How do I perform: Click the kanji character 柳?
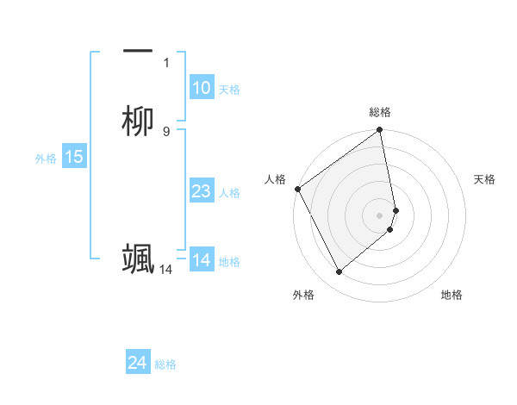138,121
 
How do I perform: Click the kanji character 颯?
138,259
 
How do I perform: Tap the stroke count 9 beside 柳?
166,131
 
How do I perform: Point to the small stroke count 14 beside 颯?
165,270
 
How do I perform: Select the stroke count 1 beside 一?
166,62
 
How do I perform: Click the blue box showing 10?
202,87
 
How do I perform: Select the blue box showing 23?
202,191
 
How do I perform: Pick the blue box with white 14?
202,260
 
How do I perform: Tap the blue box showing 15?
74,157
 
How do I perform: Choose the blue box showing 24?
138,364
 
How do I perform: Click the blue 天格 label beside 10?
229,89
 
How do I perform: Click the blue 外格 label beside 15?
46,158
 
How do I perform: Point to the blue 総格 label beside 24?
165,364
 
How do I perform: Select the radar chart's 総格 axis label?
380,112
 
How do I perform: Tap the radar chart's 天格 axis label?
485,179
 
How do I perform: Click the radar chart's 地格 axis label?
452,295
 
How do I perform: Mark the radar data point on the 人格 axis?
297,189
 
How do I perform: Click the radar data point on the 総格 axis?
380,131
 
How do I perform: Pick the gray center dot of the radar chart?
380,215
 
